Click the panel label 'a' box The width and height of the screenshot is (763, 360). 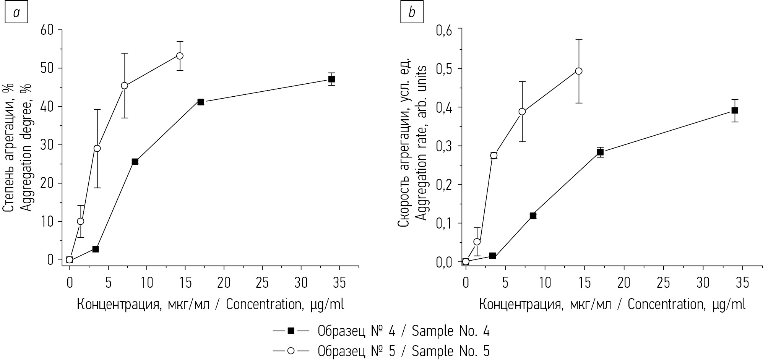16,13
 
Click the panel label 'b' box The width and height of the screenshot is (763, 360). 412,13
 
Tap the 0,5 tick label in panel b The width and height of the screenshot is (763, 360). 446,69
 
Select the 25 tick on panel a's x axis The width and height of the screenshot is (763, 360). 262,283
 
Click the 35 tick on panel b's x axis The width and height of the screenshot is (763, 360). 743,283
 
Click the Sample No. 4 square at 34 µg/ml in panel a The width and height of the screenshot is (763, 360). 331,79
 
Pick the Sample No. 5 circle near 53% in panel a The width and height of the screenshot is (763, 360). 180,56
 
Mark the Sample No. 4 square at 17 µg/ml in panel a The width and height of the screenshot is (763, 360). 201,102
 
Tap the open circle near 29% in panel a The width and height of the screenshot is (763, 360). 97,148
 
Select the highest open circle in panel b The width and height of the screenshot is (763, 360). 578,71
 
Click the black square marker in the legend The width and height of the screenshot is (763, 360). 291,331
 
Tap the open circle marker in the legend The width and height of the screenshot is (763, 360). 291,351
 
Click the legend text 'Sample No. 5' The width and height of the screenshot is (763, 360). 450,351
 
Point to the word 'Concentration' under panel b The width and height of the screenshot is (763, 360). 665,305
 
